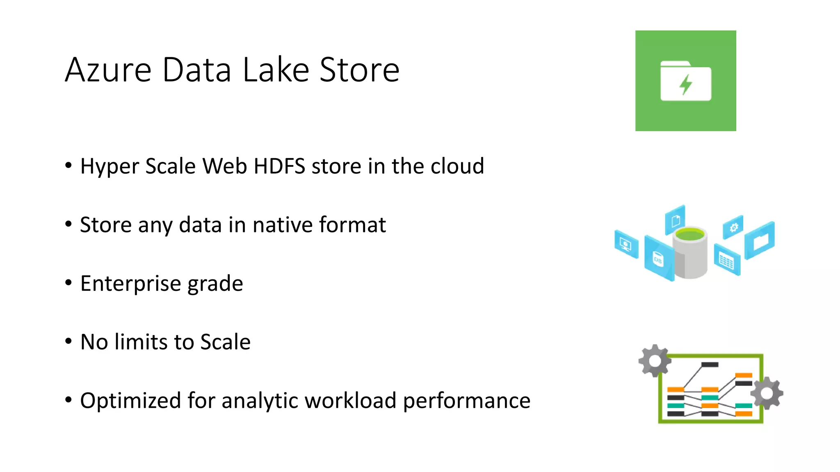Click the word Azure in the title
pos(108,70)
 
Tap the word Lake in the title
pos(276,70)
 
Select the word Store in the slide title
pos(359,70)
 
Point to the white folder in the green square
pos(686,81)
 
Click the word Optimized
pos(130,401)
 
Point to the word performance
pos(467,401)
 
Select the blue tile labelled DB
pos(658,259)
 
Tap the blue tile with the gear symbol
pos(733,227)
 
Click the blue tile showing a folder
pos(760,241)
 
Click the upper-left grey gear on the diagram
pos(655,361)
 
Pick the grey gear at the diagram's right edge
pos(767,393)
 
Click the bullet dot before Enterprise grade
pos(68,283)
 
